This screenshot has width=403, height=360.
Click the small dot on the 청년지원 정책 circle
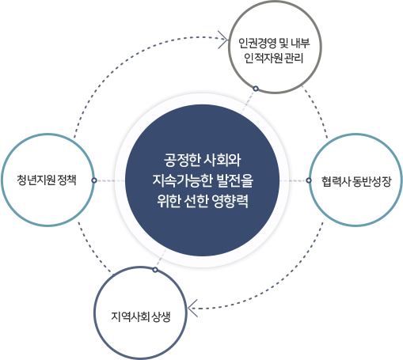tap(94, 180)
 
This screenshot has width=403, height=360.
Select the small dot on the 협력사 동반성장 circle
tap(309, 180)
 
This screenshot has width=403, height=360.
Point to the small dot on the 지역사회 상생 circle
tap(155, 270)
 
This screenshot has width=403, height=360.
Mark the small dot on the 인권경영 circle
tap(256, 89)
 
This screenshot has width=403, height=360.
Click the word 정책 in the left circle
tap(67, 180)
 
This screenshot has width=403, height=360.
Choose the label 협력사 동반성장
tap(356, 181)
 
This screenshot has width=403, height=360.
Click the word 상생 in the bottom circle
tap(162, 316)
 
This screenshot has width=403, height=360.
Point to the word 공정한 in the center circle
tap(182, 161)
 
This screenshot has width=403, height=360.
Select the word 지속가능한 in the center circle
tap(183, 181)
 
